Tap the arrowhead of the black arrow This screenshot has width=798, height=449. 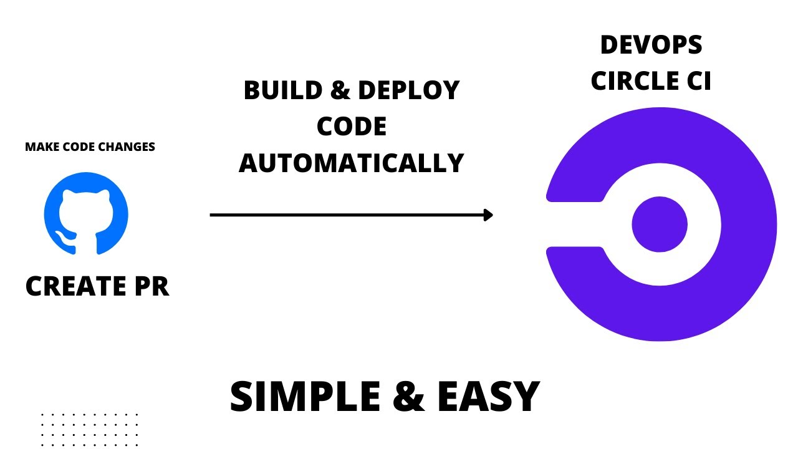click(488, 215)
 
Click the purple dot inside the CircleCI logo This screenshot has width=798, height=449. click(659, 224)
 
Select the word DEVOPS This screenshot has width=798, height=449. click(651, 45)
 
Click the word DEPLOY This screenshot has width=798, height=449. click(409, 91)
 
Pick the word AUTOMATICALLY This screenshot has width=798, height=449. click(352, 163)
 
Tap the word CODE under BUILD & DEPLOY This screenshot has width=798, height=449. click(352, 127)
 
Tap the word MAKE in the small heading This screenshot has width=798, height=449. click(39, 147)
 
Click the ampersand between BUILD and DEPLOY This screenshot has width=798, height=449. click(340, 91)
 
